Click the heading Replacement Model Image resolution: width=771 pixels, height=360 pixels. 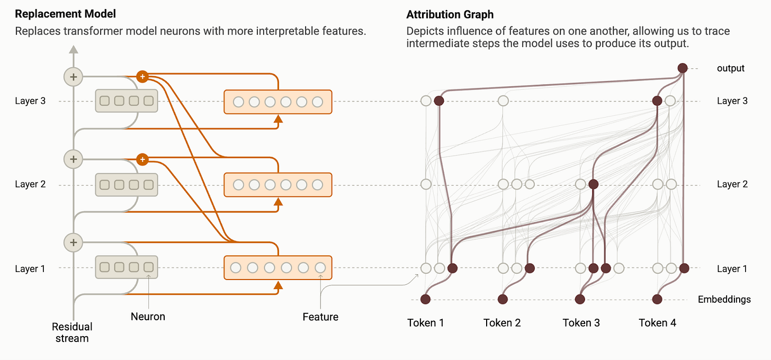(65, 14)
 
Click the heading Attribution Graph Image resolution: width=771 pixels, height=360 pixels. (450, 14)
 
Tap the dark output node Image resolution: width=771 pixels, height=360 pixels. (683, 68)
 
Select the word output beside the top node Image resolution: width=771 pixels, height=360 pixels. (731, 68)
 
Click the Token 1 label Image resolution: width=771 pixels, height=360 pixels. (426, 322)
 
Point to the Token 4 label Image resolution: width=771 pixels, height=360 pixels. (657, 322)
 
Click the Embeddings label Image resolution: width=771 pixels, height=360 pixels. (724, 300)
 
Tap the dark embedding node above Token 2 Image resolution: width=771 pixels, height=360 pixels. (503, 300)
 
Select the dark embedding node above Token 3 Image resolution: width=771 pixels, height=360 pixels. (580, 300)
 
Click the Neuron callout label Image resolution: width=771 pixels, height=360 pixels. (148, 317)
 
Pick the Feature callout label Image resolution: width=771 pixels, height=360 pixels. (320, 317)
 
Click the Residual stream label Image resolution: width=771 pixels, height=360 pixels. (72, 332)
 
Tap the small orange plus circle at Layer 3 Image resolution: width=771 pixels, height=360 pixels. (141, 77)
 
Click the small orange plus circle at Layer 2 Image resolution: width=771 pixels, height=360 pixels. (141, 159)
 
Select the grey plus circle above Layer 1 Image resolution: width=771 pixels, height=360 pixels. (73, 243)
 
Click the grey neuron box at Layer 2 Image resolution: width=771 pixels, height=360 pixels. (127, 185)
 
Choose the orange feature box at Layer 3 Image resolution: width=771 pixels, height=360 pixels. (277, 102)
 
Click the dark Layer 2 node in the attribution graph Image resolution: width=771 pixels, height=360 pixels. (593, 184)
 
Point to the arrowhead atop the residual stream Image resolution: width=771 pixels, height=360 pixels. (73, 49)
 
